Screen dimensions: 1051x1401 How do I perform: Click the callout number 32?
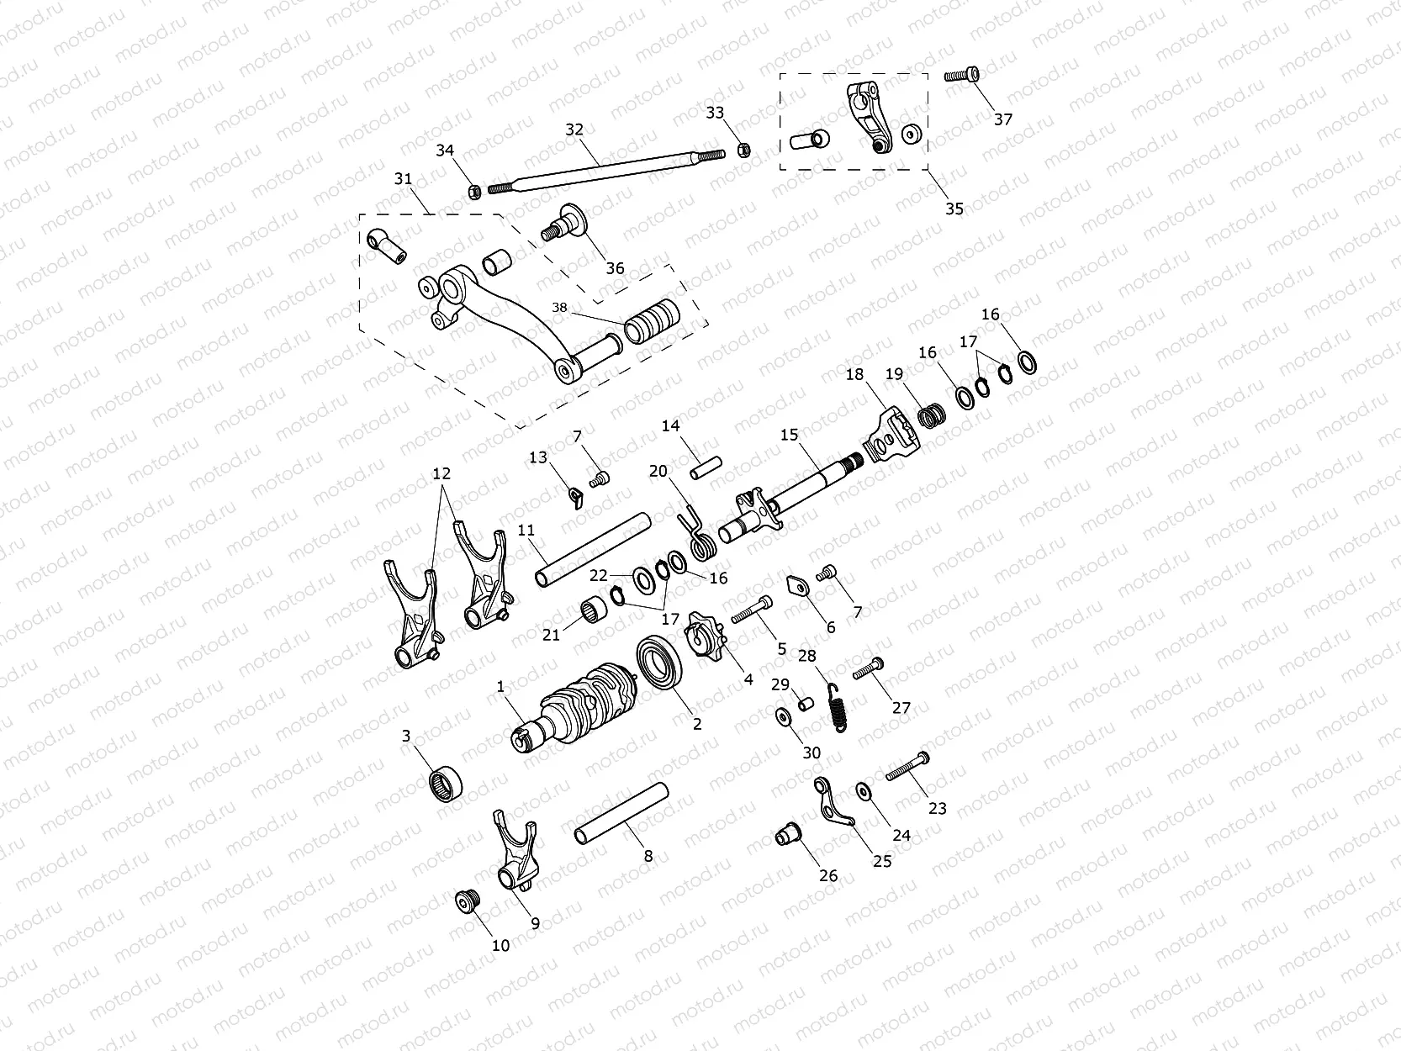pyautogui.click(x=574, y=129)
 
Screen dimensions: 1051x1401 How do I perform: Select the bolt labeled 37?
pyautogui.click(x=964, y=75)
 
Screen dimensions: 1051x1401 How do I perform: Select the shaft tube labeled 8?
pyautogui.click(x=621, y=812)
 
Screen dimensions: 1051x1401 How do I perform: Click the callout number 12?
pyautogui.click(x=441, y=474)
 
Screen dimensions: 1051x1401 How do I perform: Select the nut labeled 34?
pyautogui.click(x=473, y=192)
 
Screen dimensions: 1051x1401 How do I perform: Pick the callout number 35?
pyautogui.click(x=954, y=209)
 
